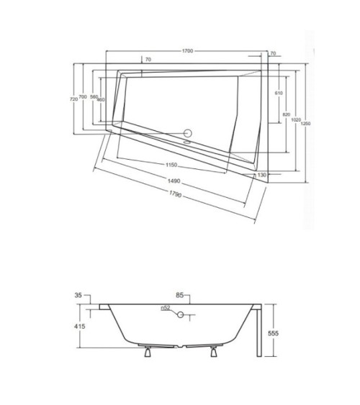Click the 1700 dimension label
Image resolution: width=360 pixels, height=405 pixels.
(x=187, y=52)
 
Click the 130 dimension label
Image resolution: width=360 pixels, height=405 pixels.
(x=262, y=175)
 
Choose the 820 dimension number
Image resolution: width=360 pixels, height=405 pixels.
(x=285, y=115)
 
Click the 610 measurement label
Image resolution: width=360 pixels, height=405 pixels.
(x=279, y=94)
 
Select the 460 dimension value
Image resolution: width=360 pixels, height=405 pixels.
(x=101, y=99)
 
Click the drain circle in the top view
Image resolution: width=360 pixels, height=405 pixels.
(x=190, y=132)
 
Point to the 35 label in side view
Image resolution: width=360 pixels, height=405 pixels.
(x=78, y=296)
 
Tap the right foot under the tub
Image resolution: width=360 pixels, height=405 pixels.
(x=214, y=352)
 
